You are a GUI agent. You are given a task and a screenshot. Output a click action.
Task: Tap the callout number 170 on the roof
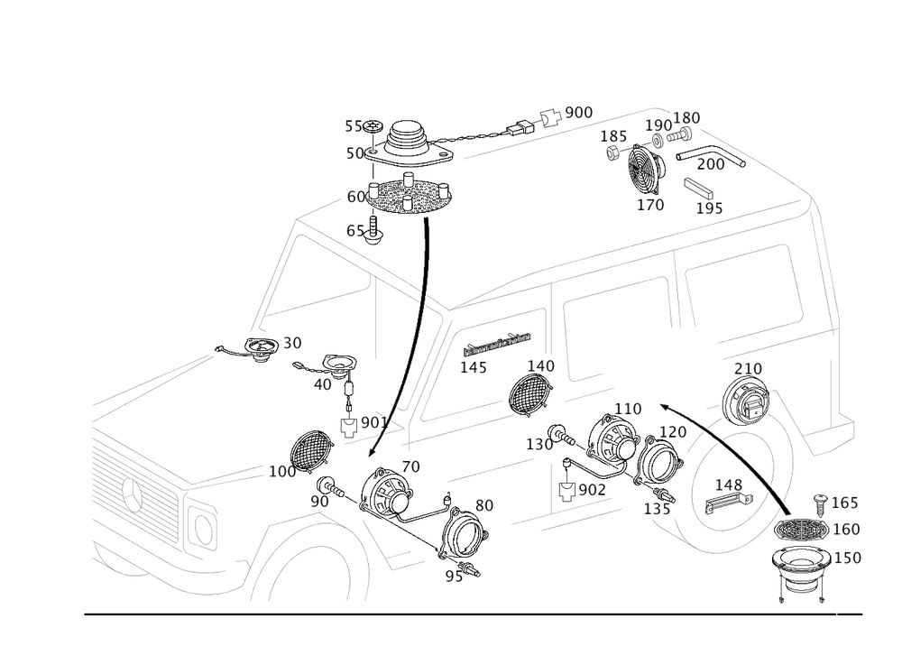650,206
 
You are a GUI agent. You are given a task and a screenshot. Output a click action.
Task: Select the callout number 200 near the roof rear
712,165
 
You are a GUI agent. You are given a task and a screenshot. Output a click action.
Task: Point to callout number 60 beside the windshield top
355,196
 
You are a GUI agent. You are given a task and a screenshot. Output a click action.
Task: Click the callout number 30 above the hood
292,343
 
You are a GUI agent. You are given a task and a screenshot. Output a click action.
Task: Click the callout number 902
591,489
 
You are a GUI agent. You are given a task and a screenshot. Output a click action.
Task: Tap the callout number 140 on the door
541,366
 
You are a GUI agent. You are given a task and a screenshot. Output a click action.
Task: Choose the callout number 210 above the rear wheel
748,369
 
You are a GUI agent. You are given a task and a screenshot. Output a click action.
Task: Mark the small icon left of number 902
566,491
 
